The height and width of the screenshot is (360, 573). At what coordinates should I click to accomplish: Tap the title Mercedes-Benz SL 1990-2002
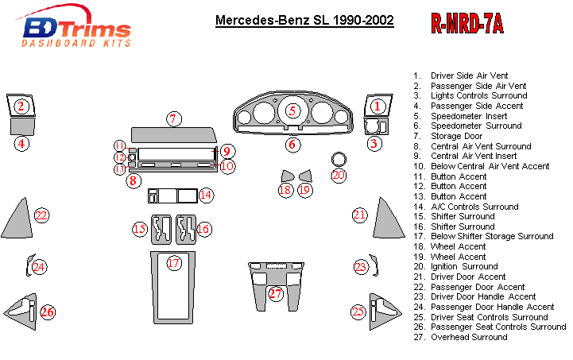point(304,19)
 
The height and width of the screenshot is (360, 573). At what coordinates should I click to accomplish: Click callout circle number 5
point(292,111)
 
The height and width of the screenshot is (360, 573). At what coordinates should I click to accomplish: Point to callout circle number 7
point(174,119)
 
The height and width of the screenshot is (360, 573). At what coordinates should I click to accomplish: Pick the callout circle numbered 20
point(339,175)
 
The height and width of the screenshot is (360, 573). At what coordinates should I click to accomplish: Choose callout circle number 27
point(275,294)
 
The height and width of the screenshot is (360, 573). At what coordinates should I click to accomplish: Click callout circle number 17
point(173,262)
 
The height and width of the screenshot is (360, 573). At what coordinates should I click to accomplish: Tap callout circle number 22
point(41,215)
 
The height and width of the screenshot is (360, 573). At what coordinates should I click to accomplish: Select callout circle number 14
point(206,195)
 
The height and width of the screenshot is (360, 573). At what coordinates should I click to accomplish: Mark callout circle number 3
point(374,143)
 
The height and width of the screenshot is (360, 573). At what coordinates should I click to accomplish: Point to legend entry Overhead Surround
point(468,337)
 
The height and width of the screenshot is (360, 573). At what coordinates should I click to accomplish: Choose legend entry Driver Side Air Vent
point(468,75)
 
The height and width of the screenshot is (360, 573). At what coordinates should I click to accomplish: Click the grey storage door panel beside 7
point(172,133)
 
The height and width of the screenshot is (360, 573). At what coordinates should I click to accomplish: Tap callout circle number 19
point(304,190)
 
